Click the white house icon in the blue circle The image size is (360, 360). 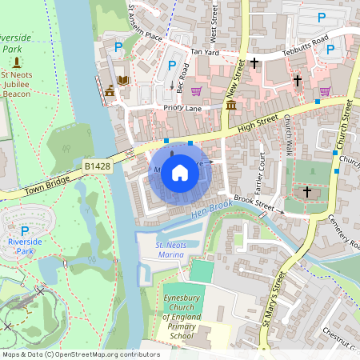[x=180, y=172]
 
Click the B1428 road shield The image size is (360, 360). [x=97, y=166]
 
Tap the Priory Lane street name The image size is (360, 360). [x=184, y=108]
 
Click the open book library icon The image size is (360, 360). [x=123, y=81]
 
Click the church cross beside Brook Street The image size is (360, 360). [x=306, y=192]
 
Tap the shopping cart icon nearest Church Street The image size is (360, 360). [x=325, y=92]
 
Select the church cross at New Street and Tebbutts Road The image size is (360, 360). [x=254, y=62]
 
